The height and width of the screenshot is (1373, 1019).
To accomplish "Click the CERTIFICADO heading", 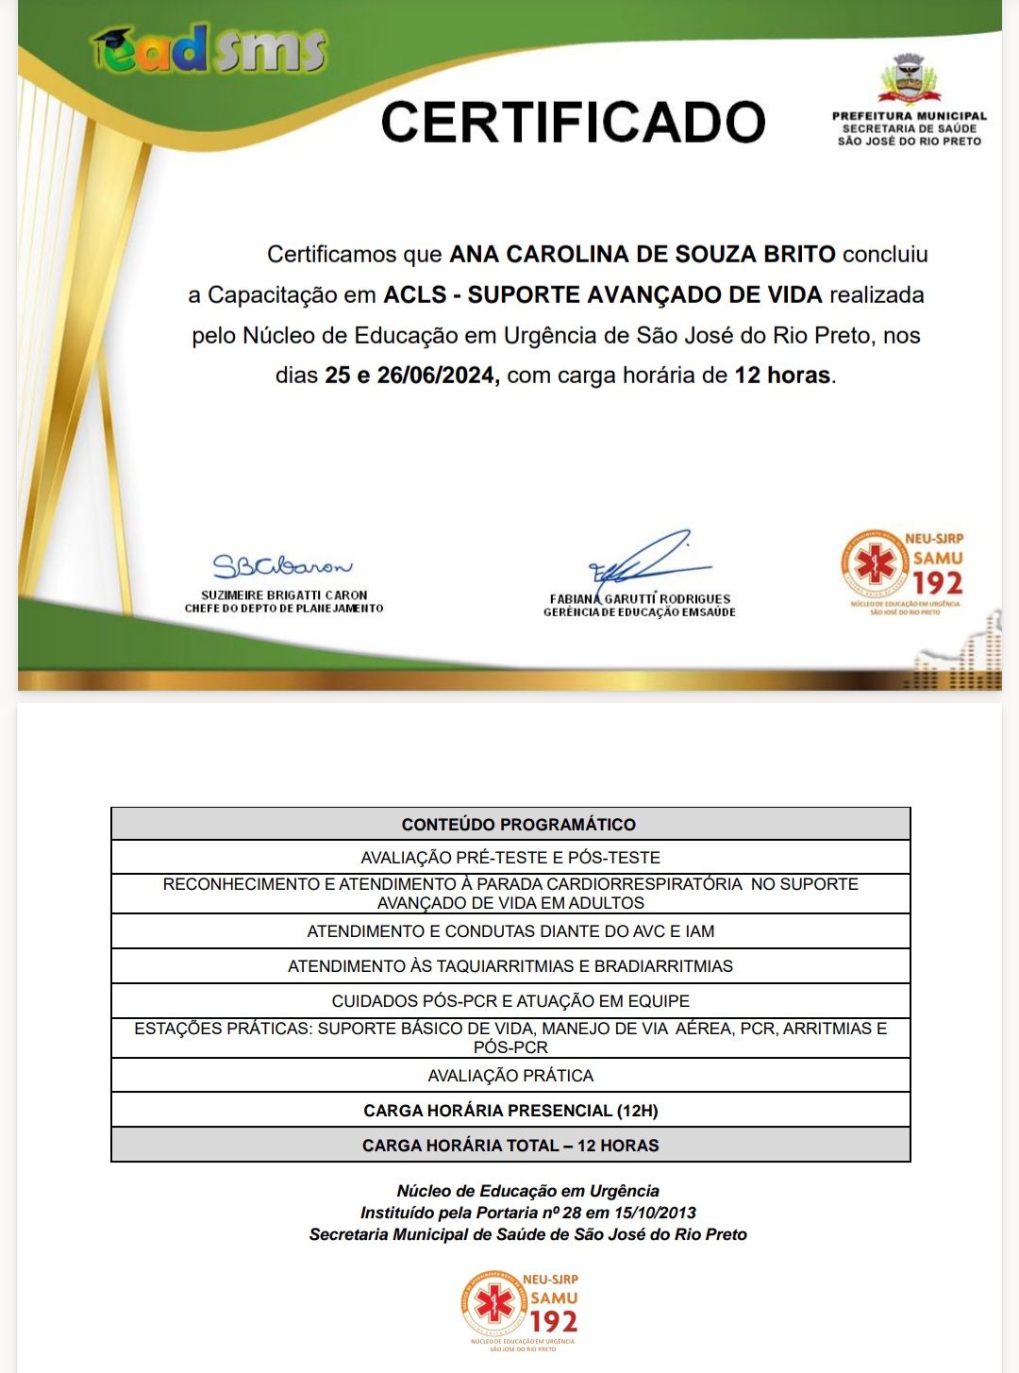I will pos(573,123).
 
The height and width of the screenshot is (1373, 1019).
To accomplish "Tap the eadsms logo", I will pos(209,50).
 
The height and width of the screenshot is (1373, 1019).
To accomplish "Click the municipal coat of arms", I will pos(910,78).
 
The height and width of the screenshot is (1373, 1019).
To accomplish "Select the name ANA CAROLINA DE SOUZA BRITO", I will pos(642,255).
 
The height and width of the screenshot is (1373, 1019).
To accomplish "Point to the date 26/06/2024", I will pos(437,376).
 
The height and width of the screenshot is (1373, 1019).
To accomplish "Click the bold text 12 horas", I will pos(782,376).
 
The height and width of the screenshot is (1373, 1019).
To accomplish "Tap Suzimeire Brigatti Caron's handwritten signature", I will pos(281,566).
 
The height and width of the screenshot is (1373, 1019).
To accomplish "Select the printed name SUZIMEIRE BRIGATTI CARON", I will pos(284,595).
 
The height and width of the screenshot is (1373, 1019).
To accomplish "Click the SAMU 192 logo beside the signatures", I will pos(903,572).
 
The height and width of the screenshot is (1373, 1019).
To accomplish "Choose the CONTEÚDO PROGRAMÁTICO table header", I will pos(518,825).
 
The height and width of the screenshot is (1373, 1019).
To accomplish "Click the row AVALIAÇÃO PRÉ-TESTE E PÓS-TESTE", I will pos(510,858).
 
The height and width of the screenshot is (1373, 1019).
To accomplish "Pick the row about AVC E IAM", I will pos(510,931).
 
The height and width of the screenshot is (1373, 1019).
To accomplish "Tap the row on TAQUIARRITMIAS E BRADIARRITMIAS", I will pos(510,966).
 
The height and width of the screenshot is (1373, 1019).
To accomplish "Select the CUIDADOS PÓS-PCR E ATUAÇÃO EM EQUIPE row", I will pos(510,1001).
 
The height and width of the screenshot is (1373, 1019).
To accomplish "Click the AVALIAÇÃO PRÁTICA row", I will pos(510,1076).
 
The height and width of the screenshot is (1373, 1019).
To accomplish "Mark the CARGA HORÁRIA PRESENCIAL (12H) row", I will pos(510,1111).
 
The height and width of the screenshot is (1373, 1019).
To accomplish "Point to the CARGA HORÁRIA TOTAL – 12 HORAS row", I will pos(510,1146).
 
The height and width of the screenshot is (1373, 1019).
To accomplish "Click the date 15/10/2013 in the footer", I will pos(644,1213).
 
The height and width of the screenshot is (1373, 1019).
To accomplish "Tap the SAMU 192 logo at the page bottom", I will pos(521,1310).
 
